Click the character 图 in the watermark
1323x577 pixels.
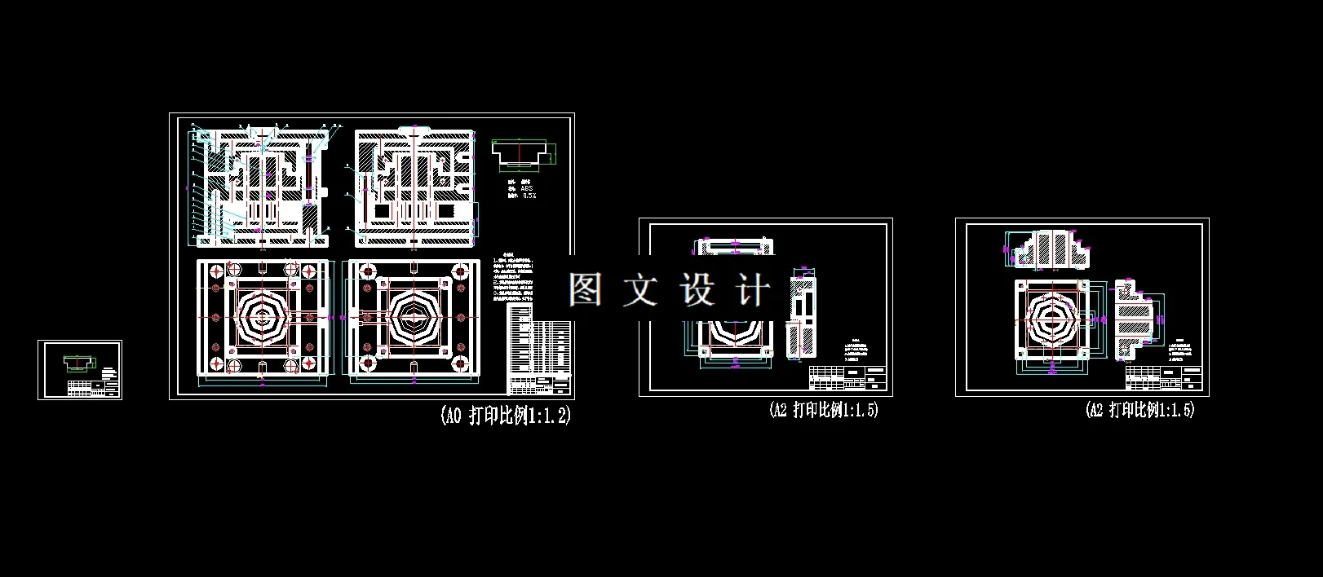(585, 290)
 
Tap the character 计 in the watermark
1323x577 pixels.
(751, 290)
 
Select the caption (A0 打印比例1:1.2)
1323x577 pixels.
(506, 416)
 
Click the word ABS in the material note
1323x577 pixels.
(526, 188)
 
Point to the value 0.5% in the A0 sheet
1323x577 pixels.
(528, 196)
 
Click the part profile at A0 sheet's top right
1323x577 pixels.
(524, 153)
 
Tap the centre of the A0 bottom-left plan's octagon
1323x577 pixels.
(261, 317)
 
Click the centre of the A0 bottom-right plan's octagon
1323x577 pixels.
(413, 317)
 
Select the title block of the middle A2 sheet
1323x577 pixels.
(847, 378)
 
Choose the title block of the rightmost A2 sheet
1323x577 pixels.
(1164, 377)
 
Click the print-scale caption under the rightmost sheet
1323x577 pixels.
(1139, 410)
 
